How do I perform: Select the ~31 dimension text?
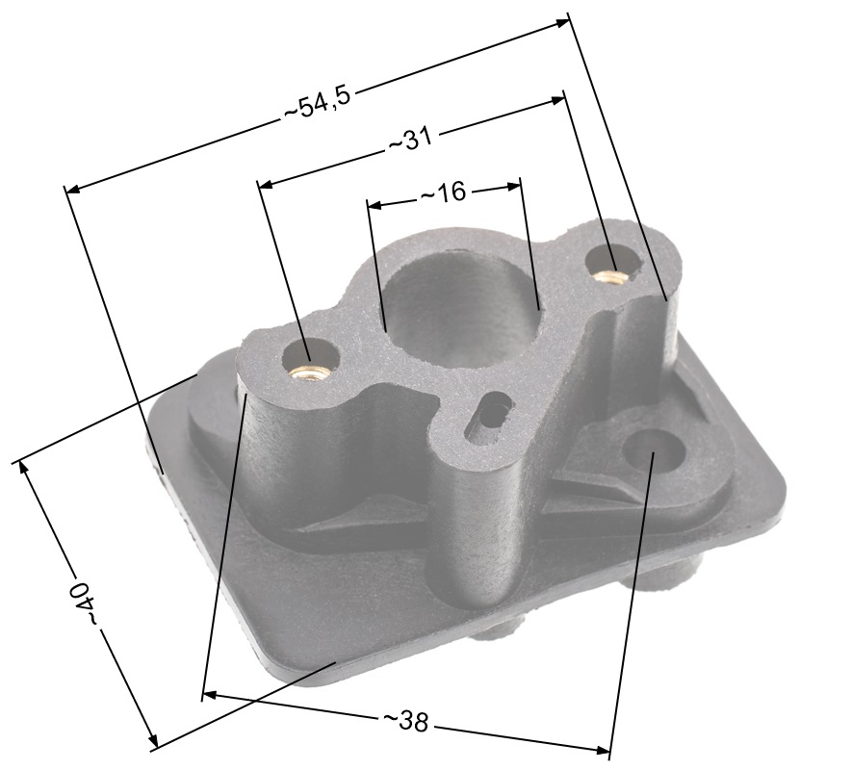coord(410,141)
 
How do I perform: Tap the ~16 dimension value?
coord(444,192)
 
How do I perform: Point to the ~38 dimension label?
coord(406,721)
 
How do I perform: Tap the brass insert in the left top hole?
coord(306,373)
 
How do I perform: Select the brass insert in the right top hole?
coord(609,275)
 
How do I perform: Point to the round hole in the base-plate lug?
coord(653,449)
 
